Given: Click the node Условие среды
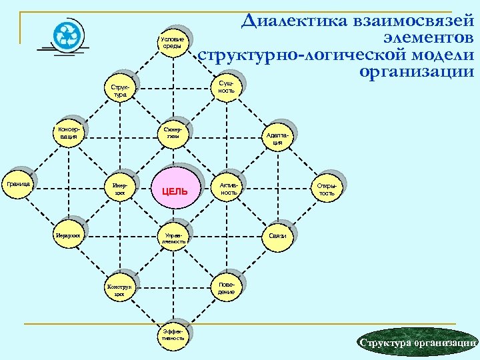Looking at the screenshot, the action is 172,44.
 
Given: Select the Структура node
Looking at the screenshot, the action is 120,91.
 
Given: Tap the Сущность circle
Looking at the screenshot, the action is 225,87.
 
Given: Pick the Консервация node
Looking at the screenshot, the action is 68,132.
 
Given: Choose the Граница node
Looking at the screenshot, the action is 17,183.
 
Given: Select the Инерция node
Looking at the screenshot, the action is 120,188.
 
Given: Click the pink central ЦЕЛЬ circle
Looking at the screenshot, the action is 175,191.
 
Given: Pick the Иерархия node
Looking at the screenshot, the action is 69,235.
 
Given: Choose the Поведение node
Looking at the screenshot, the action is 225,288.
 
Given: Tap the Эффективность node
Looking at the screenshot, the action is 172,335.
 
